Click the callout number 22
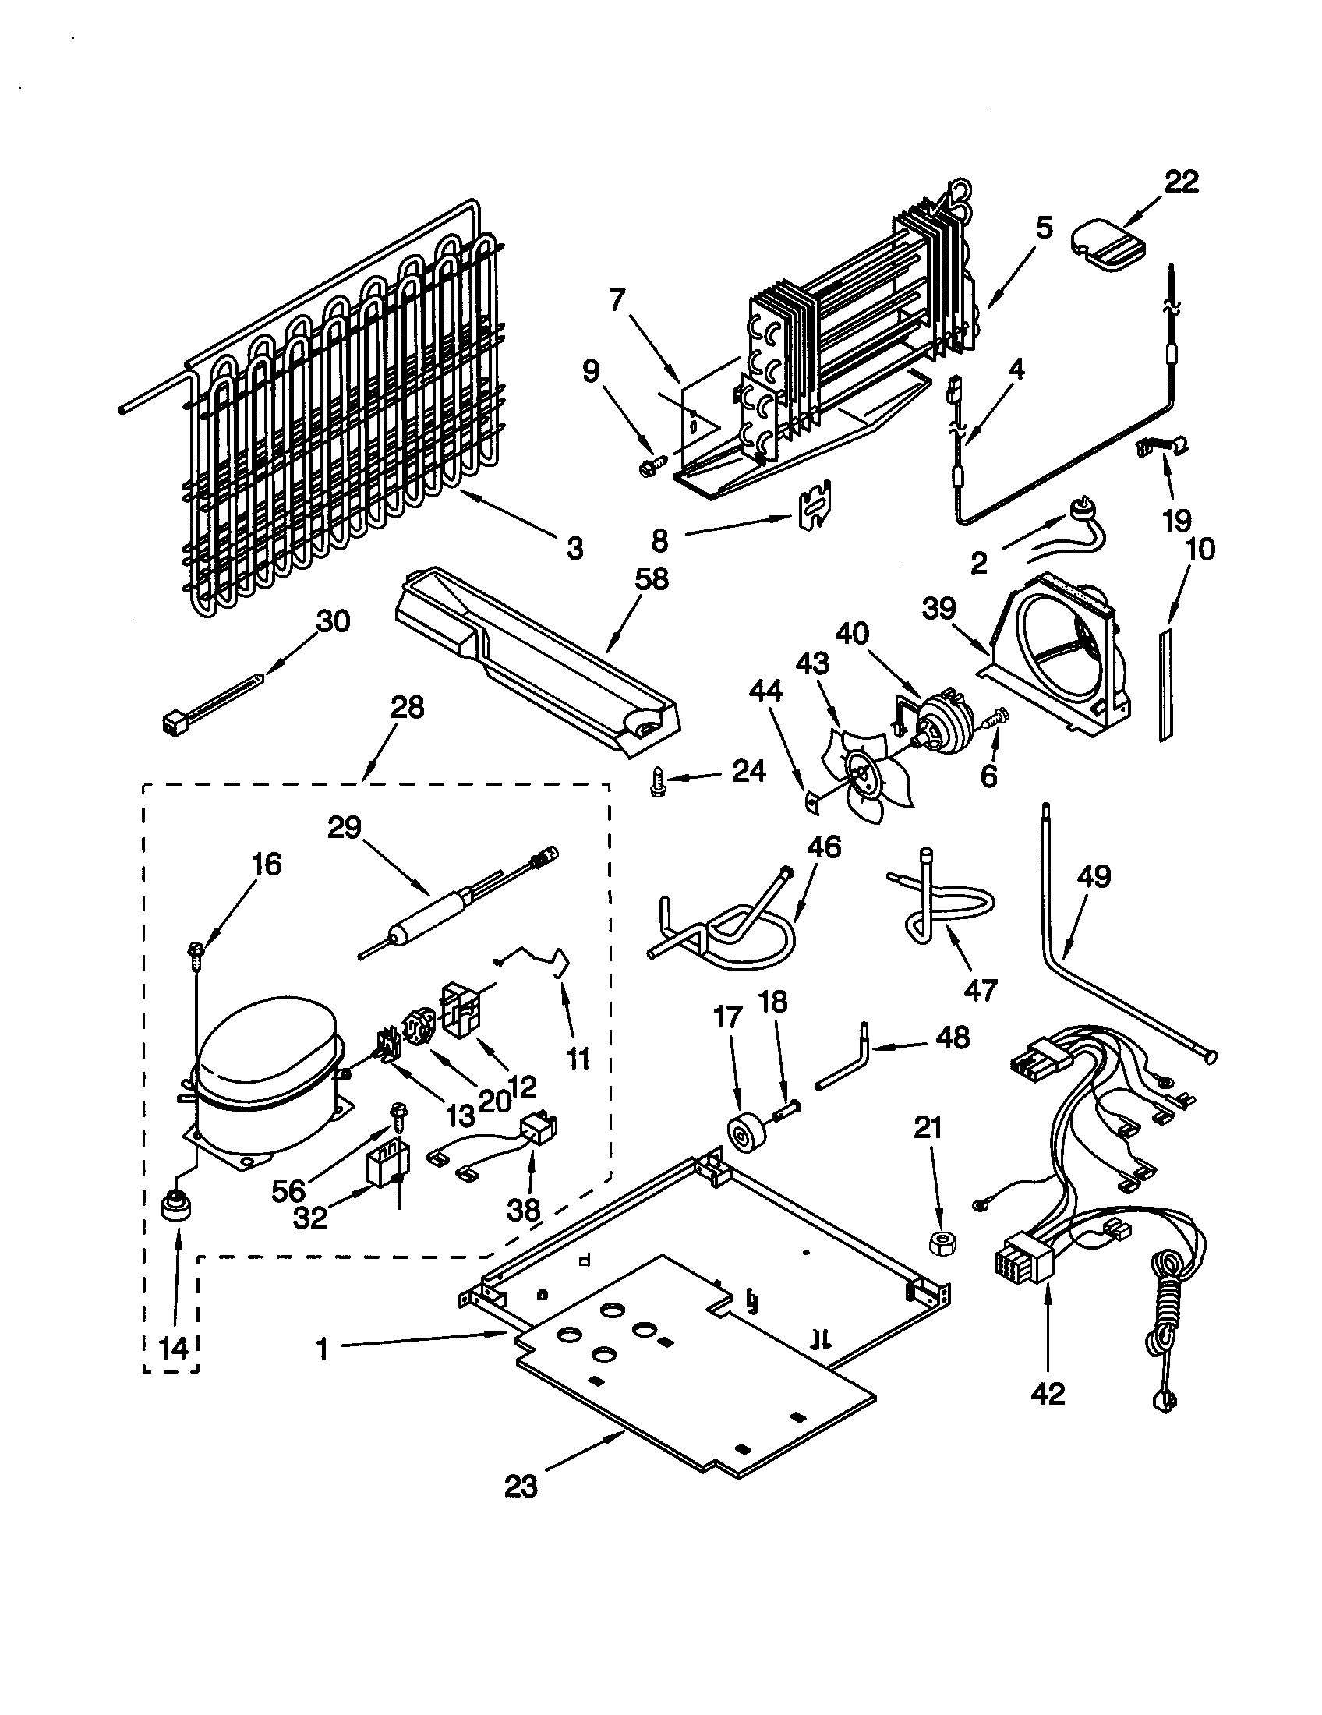click(1182, 182)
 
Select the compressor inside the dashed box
click(263, 1080)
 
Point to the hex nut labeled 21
click(940, 1243)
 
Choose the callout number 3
click(575, 548)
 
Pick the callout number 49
click(1094, 876)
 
